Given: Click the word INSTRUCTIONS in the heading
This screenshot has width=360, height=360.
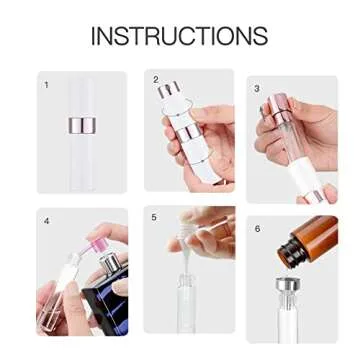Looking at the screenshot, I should pos(179,37).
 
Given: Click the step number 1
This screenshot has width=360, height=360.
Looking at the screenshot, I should pos(46,85).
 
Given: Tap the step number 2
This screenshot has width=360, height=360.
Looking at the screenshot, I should pos(155,78).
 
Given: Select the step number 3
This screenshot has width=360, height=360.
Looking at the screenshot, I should pos(257,88).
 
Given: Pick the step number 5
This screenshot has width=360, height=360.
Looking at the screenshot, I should pos(154,217).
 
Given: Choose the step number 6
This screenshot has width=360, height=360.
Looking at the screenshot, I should pos(257,228).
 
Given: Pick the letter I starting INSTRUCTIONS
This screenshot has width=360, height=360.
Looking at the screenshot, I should pos(94,37).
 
